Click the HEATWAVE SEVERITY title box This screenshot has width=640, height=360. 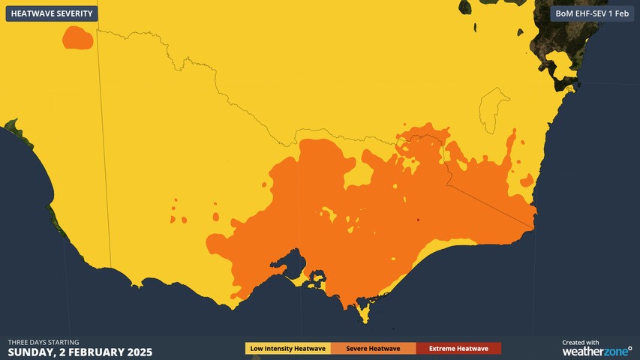pyautogui.click(x=52, y=13)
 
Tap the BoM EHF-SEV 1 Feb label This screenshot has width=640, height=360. pyautogui.click(x=592, y=13)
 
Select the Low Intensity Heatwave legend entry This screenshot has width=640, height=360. pyautogui.click(x=288, y=349)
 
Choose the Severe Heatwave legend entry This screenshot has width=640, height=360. pyautogui.click(x=372, y=349)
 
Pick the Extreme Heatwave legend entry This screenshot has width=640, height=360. pyautogui.click(x=458, y=349)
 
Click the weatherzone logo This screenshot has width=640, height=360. pyautogui.click(x=596, y=351)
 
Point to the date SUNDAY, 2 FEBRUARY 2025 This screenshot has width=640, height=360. pyautogui.click(x=80, y=352)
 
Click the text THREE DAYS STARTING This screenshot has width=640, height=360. pyautogui.click(x=44, y=342)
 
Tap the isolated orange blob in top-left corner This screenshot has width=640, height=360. pyautogui.click(x=77, y=37)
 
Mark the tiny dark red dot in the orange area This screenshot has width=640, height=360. pyautogui.click(x=418, y=220)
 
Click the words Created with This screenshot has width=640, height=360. pyautogui.click(x=581, y=342)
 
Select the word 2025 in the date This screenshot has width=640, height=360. pyautogui.click(x=139, y=352)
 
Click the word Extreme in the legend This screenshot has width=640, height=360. pyautogui.click(x=443, y=349)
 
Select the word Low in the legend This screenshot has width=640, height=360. pyautogui.click(x=257, y=349)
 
